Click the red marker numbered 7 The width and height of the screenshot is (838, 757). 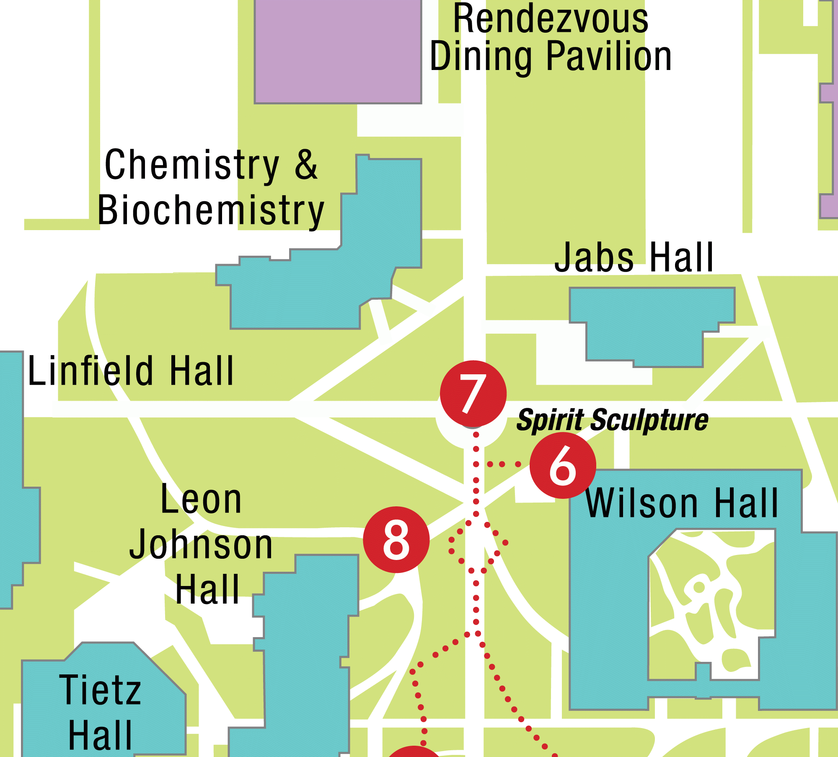pyautogui.click(x=473, y=394)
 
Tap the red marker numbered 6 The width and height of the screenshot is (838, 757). pyautogui.click(x=563, y=465)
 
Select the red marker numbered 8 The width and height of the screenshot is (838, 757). pyautogui.click(x=396, y=539)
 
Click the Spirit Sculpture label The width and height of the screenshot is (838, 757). pyautogui.click(x=612, y=420)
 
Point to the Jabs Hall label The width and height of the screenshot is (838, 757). pyautogui.click(x=634, y=257)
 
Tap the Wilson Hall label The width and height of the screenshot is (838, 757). pyautogui.click(x=682, y=503)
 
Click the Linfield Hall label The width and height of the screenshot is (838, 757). pyautogui.click(x=131, y=371)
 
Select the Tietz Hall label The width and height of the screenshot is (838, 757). pyautogui.click(x=100, y=712)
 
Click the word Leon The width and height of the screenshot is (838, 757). pyautogui.click(x=201, y=499)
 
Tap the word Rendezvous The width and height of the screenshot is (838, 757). pyautogui.click(x=551, y=19)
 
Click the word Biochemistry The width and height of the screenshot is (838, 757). pyautogui.click(x=211, y=210)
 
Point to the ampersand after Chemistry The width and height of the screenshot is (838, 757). pyautogui.click(x=306, y=165)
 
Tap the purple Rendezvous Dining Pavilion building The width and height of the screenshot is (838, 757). pyautogui.click(x=338, y=50)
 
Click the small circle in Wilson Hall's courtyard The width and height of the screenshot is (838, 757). pyautogui.click(x=699, y=587)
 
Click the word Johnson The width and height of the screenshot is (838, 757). pyautogui.click(x=201, y=545)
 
